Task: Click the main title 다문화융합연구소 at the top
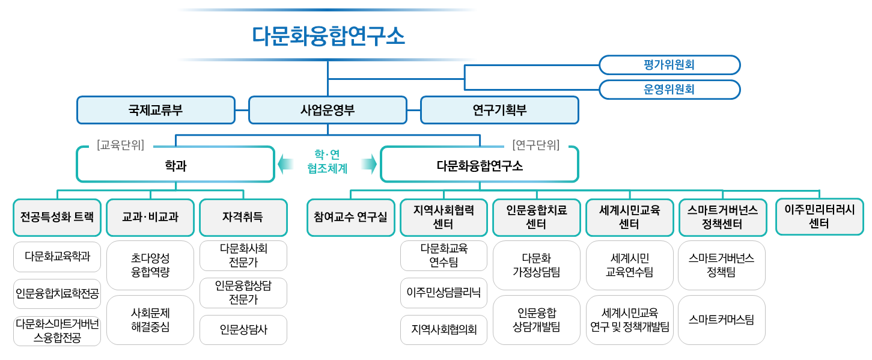click(328, 36)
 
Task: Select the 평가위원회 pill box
click(669, 65)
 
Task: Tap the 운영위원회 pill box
click(669, 90)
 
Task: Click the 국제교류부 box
click(156, 110)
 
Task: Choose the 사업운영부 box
click(328, 110)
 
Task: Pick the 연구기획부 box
click(499, 110)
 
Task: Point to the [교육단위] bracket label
click(120, 145)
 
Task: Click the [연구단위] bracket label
click(536, 145)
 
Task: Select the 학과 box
click(175, 165)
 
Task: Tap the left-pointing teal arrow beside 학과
click(285, 164)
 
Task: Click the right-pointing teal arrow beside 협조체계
click(369, 164)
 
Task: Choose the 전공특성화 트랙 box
click(57, 217)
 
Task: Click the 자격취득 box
click(243, 217)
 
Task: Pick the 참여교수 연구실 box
click(351, 217)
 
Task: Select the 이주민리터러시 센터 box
click(820, 216)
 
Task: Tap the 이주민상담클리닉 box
click(444, 293)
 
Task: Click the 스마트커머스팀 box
click(722, 320)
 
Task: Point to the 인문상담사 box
click(243, 330)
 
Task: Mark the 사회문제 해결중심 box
click(150, 320)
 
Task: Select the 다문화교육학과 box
click(57, 257)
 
